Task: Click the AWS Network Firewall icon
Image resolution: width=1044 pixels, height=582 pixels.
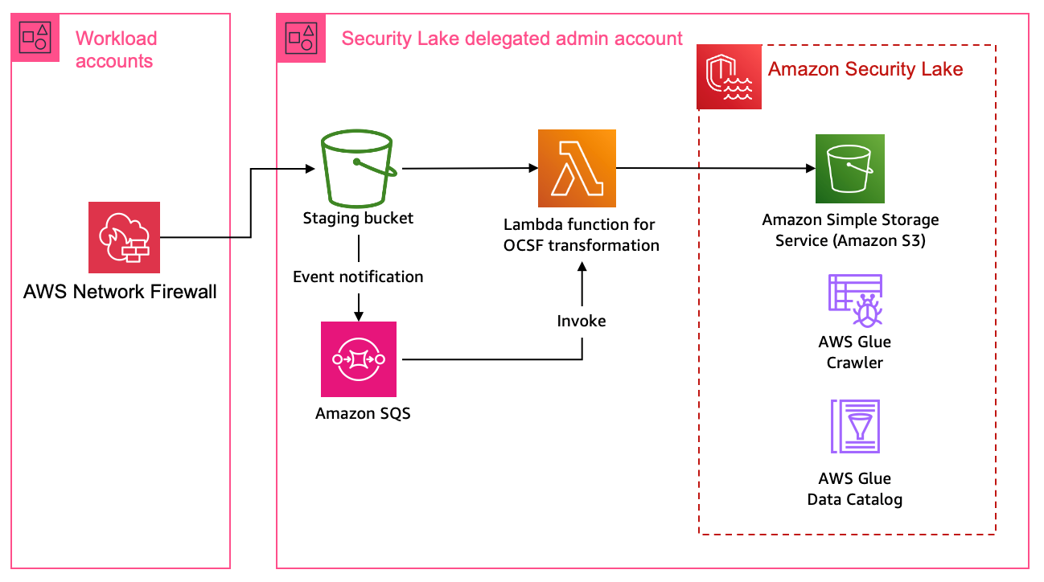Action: pyautogui.click(x=125, y=237)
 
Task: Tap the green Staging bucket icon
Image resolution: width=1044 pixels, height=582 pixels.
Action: pyautogui.click(x=358, y=170)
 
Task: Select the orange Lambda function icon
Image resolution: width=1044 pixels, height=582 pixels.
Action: pyautogui.click(x=577, y=168)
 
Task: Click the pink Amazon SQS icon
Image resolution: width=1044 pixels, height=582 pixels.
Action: pyautogui.click(x=359, y=359)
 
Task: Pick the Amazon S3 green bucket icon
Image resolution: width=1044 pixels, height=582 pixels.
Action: pyautogui.click(x=850, y=169)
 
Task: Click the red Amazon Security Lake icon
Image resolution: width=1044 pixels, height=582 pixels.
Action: pyautogui.click(x=729, y=77)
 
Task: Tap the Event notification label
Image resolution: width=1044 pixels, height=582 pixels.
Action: pyautogui.click(x=358, y=277)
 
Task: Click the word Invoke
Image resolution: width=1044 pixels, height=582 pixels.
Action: pyautogui.click(x=582, y=321)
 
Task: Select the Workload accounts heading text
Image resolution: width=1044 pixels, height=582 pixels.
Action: pyautogui.click(x=116, y=49)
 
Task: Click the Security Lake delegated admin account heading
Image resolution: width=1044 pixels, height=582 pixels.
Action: pyautogui.click(x=512, y=38)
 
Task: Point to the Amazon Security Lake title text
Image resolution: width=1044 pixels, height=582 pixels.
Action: pyautogui.click(x=865, y=69)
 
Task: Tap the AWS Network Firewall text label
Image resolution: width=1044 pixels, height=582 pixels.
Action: pyautogui.click(x=120, y=292)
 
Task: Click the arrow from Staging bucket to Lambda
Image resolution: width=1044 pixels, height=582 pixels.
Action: pyautogui.click(x=467, y=169)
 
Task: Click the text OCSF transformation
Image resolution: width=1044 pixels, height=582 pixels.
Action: pyautogui.click(x=581, y=245)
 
